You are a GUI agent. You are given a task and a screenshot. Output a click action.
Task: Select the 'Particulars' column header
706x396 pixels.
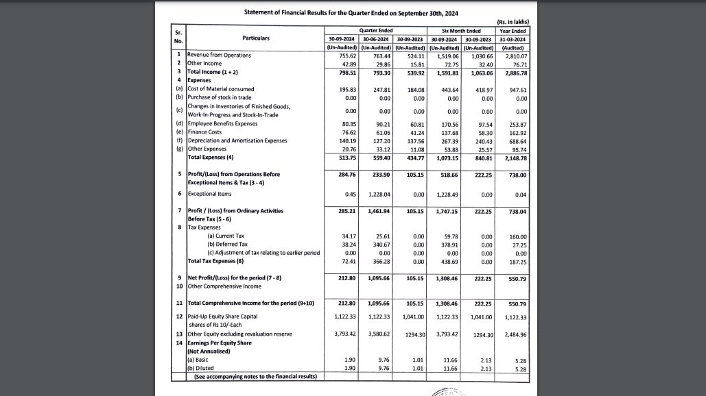pos(255,38)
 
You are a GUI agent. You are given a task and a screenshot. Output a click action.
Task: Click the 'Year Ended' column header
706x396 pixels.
pos(513,31)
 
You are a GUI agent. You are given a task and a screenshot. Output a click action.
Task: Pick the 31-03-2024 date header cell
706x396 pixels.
pos(513,39)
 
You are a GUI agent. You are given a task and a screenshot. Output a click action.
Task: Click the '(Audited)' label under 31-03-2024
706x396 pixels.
pos(513,47)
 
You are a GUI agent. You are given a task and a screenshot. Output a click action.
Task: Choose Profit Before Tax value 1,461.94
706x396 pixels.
pos(376,210)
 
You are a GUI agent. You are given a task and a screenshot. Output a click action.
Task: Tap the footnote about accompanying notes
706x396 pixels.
pos(255,377)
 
